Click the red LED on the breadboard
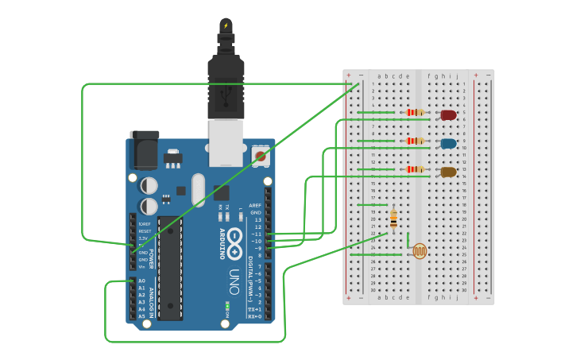click(x=448, y=115)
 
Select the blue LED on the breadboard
click(x=448, y=144)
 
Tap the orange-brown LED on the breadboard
click(x=448, y=172)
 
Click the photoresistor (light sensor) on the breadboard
click(x=419, y=252)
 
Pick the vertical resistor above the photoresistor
click(x=393, y=218)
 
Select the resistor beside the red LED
click(x=415, y=113)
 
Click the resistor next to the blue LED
click(x=415, y=141)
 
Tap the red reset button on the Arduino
click(x=260, y=156)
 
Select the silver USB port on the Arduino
click(x=226, y=143)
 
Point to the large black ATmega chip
click(x=169, y=267)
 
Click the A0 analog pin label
click(x=141, y=281)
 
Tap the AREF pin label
click(x=255, y=205)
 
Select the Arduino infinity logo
click(x=236, y=243)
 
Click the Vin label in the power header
click(x=141, y=267)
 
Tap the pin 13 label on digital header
click(x=257, y=219)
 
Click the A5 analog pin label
click(x=141, y=316)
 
